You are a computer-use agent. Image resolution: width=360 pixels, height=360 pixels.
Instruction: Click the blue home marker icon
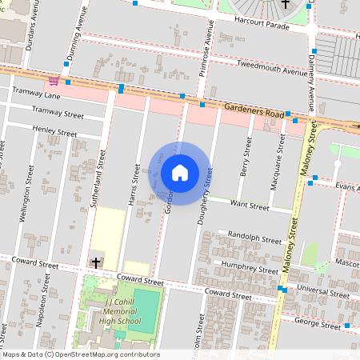180,173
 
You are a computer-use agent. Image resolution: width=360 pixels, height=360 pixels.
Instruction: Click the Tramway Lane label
32,92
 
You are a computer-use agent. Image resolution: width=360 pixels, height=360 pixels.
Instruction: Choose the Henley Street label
54,131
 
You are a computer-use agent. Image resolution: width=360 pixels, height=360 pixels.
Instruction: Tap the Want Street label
249,206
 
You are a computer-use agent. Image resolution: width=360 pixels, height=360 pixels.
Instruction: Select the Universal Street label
322,293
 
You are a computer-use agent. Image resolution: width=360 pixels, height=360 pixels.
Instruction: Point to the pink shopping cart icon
54,80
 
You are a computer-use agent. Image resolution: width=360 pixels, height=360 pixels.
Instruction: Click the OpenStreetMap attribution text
80,354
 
